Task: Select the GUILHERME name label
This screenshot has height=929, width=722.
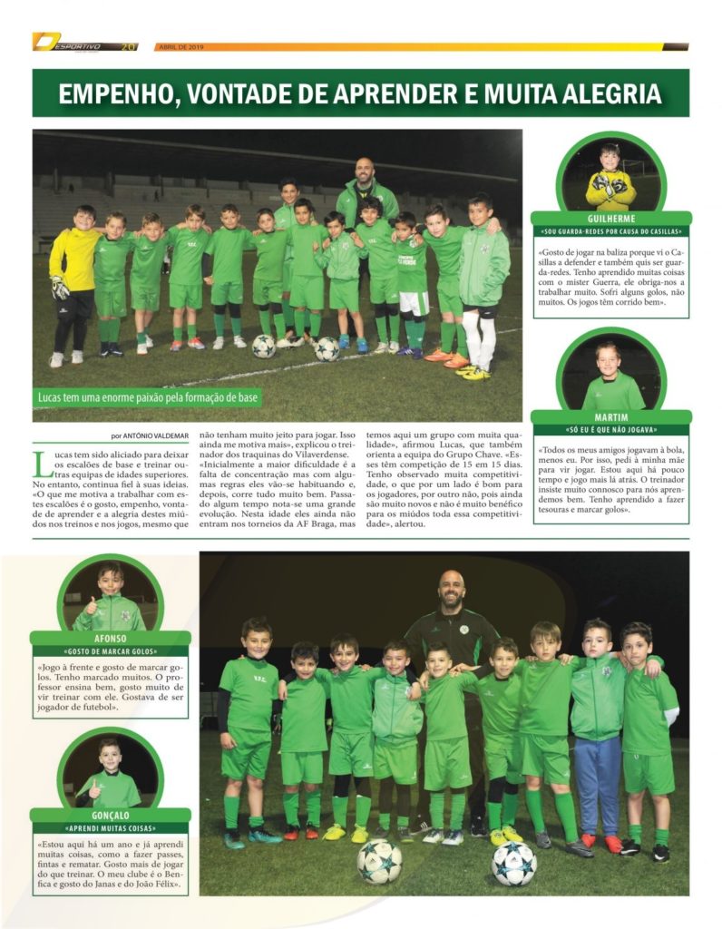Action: click(x=610, y=218)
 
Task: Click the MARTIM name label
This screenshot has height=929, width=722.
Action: click(x=610, y=417)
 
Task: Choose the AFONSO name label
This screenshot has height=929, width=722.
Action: click(x=110, y=638)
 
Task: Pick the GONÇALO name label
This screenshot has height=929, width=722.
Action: click(x=110, y=815)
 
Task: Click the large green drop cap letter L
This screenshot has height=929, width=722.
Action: click(x=43, y=463)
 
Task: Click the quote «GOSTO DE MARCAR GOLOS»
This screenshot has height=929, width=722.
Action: click(x=110, y=651)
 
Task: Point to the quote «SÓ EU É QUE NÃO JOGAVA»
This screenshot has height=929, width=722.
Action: click(x=610, y=430)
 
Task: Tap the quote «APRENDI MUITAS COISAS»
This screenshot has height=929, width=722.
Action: click(x=110, y=828)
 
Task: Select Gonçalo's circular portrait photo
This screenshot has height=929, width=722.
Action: click(x=110, y=772)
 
